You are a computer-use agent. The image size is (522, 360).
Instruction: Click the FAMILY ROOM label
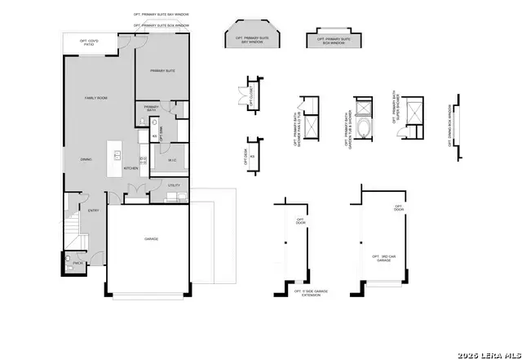(96, 98)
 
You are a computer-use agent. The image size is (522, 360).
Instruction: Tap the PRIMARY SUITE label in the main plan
(163, 71)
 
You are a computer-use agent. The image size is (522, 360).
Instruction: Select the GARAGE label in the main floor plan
(152, 239)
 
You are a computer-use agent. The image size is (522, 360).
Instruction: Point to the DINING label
(86, 159)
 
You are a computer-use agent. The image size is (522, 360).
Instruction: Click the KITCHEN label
(130, 169)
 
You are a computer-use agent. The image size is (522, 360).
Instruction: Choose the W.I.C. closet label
(173, 160)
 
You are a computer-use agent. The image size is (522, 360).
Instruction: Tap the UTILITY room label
(174, 186)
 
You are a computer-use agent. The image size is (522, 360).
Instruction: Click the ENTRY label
(94, 210)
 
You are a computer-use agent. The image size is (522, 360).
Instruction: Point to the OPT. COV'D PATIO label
(89, 42)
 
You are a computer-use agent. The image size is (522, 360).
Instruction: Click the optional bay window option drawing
(252, 39)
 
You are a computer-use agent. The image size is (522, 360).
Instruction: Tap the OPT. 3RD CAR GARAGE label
(386, 259)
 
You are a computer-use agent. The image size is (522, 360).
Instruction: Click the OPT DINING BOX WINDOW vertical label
(448, 124)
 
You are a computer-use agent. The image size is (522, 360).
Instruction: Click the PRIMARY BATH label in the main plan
(152, 108)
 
